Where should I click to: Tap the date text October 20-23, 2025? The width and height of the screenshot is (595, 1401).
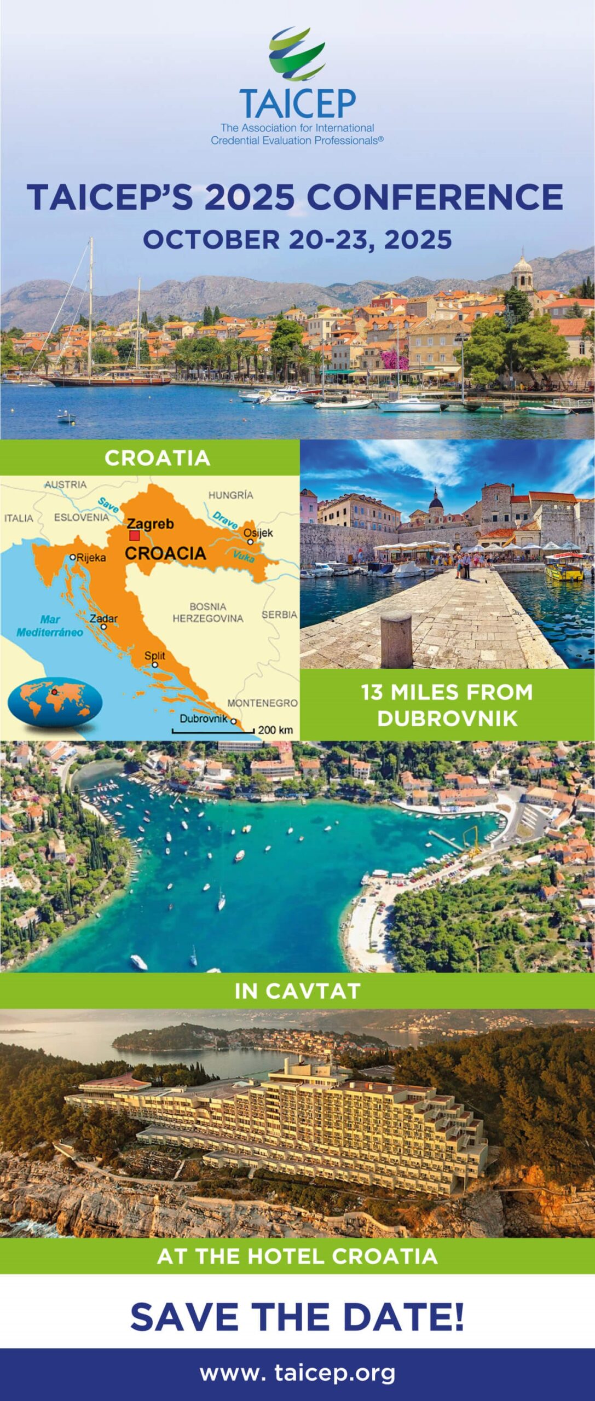click(x=297, y=240)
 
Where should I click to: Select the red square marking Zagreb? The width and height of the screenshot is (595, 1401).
click(x=134, y=536)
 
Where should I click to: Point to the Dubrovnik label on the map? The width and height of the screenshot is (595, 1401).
click(x=203, y=719)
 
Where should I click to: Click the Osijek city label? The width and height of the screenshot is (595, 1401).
click(x=258, y=532)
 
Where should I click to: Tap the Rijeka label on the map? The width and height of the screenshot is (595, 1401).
click(x=91, y=558)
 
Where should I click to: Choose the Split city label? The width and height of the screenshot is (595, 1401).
click(x=154, y=656)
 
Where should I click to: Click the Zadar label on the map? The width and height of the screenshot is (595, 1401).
click(x=103, y=618)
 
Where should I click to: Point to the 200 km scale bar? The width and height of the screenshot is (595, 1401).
click(x=213, y=731)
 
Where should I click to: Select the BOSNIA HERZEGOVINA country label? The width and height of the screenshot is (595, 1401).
click(x=207, y=612)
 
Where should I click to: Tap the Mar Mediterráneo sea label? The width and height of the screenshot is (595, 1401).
click(x=50, y=626)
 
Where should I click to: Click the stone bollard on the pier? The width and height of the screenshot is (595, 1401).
click(x=396, y=639)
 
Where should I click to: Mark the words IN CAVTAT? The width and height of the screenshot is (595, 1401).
click(x=297, y=991)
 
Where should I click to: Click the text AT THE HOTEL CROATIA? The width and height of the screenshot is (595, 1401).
click(x=297, y=1256)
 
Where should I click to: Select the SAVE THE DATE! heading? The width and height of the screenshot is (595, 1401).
click(x=297, y=1317)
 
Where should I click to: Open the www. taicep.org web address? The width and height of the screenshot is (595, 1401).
click(x=297, y=1373)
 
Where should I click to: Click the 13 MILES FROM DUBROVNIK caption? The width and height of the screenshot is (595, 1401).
click(x=447, y=705)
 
